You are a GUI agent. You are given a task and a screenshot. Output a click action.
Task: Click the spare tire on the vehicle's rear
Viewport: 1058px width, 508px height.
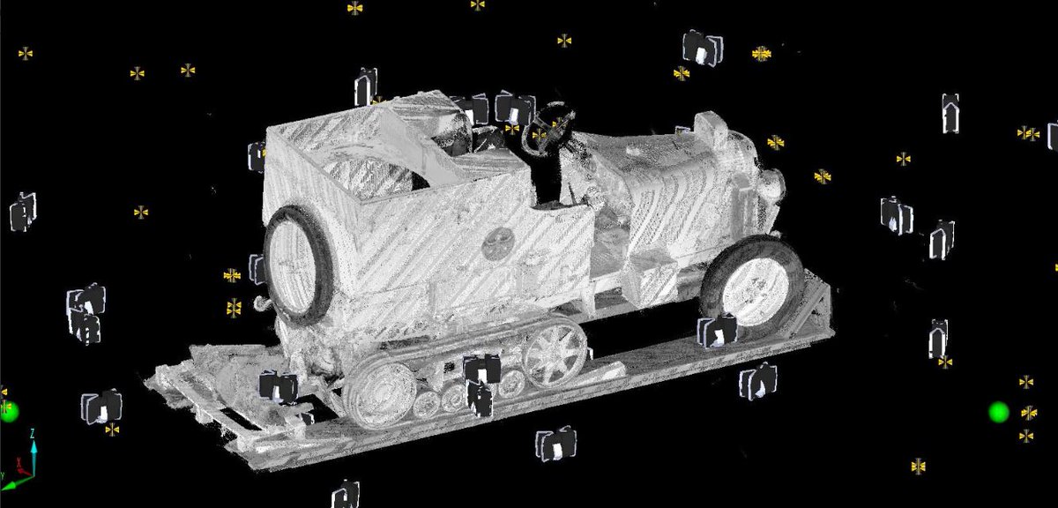(296, 262)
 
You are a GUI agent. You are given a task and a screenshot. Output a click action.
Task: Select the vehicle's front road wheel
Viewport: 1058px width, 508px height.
(752, 288)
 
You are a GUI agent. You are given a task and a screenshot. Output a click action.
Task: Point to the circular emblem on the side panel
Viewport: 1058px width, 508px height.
(497, 243)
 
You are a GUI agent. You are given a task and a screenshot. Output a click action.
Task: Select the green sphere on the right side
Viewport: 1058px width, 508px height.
(998, 412)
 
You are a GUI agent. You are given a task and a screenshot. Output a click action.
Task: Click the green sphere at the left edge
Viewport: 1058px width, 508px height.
(8, 411)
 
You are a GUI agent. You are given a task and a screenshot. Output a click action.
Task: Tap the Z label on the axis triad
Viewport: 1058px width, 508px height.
(32, 433)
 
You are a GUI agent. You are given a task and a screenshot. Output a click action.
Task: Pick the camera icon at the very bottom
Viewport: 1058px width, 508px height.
(346, 494)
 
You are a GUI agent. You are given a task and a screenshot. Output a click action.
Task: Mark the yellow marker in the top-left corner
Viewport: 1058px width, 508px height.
(26, 54)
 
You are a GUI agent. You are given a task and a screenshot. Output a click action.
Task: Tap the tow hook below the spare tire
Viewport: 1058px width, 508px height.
(262, 303)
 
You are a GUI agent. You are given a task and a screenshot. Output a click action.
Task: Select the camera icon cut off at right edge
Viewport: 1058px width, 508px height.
(1053, 135)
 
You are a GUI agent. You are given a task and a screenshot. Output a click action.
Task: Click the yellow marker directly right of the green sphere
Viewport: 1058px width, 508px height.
(1028, 412)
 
